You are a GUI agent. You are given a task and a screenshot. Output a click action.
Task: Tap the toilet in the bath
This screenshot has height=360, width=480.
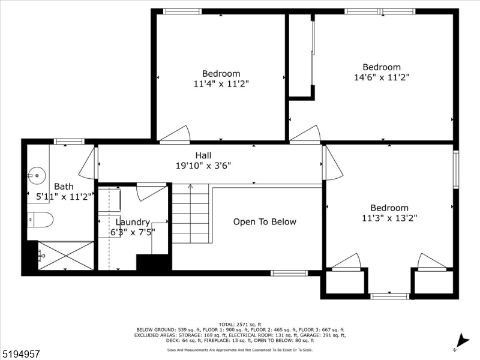(x=41, y=220)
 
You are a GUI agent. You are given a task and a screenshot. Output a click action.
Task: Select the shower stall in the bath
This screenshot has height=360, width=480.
(x=66, y=256)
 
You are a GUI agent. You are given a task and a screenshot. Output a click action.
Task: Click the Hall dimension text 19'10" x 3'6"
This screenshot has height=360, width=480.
(x=203, y=166)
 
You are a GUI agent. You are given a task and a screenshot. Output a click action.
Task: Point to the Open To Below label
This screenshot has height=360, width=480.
(x=265, y=222)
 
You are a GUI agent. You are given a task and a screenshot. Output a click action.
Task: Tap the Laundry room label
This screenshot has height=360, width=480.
(x=133, y=223)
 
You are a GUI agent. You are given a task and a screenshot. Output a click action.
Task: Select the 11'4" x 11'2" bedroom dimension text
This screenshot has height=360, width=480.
(x=221, y=84)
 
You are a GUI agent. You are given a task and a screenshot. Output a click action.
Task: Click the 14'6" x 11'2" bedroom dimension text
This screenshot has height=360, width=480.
(x=382, y=77)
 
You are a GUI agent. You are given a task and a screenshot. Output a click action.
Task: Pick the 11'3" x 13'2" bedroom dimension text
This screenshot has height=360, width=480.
(x=389, y=218)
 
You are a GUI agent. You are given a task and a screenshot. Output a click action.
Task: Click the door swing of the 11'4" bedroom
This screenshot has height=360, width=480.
(x=175, y=135)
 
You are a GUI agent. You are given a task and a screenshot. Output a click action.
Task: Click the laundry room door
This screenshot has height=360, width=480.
(x=151, y=192)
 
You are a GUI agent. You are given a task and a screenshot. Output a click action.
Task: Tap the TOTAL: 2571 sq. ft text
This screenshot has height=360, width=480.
(x=240, y=324)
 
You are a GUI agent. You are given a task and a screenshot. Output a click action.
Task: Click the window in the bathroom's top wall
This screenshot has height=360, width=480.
(x=69, y=142)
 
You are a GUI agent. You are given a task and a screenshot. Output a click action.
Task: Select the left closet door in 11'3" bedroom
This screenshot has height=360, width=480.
(x=346, y=262)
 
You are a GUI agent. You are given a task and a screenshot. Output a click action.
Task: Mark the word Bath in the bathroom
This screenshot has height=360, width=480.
(x=64, y=187)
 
